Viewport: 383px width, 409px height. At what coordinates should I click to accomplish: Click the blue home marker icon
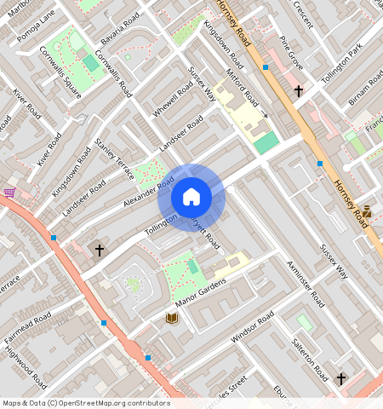(x=191, y=198)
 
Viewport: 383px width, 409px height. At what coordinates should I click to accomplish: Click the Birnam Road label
(x=365, y=89)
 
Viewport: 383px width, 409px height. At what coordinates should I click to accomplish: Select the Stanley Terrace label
(x=115, y=158)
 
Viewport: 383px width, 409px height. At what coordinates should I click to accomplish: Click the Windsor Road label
(x=252, y=327)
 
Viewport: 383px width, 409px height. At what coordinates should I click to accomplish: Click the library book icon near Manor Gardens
(x=172, y=318)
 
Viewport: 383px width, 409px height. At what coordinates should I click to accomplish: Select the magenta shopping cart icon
(x=9, y=193)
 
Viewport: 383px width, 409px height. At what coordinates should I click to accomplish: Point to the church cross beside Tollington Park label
(x=299, y=89)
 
